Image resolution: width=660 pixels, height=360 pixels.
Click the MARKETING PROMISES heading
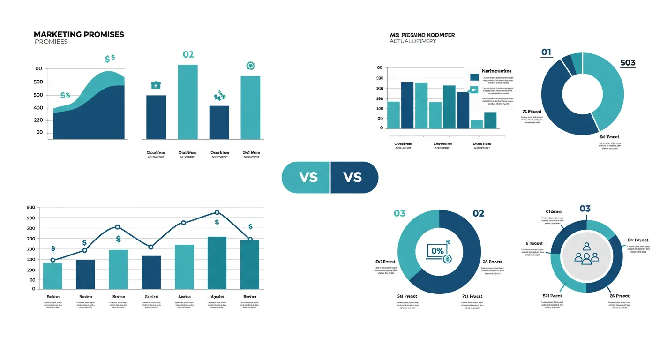79,35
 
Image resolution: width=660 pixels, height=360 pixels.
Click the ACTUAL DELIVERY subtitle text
412,41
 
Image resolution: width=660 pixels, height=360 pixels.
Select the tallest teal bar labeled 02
187,102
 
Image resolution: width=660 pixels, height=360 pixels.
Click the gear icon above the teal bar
249,66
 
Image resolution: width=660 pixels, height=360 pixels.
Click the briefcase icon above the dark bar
156,85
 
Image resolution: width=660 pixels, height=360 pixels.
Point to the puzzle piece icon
219,96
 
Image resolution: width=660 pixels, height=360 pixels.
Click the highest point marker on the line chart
217,213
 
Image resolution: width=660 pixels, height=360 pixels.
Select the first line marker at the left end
52,260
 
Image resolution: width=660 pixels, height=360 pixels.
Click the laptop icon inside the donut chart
437,252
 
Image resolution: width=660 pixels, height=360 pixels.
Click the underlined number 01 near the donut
546,52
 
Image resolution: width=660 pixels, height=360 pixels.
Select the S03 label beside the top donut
628,63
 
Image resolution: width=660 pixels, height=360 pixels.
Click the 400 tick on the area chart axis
38,108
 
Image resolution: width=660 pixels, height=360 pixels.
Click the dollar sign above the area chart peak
110,59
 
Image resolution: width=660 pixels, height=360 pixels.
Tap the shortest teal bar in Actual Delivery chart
476,124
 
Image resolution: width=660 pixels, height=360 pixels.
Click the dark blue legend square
474,77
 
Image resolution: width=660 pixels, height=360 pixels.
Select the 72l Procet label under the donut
472,296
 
